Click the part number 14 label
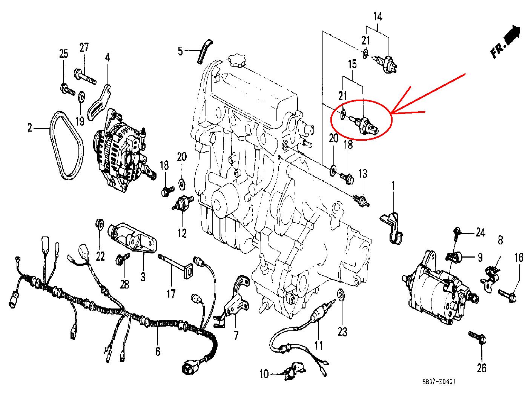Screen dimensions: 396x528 point(378,17)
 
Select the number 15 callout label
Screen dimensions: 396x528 point(352,64)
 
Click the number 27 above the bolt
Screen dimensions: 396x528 point(84,48)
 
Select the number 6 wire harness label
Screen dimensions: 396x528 point(157,351)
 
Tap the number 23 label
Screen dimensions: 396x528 point(342,332)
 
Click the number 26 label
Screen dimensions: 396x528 point(482,367)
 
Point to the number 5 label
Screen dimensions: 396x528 point(180,51)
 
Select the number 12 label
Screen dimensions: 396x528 point(182,233)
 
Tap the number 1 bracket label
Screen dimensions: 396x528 point(393,186)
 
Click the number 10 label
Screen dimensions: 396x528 point(264,374)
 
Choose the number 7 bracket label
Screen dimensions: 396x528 point(236,334)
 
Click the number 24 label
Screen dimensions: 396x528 point(480,233)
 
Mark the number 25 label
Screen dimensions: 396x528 point(63,54)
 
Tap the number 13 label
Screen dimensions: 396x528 point(362,173)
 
